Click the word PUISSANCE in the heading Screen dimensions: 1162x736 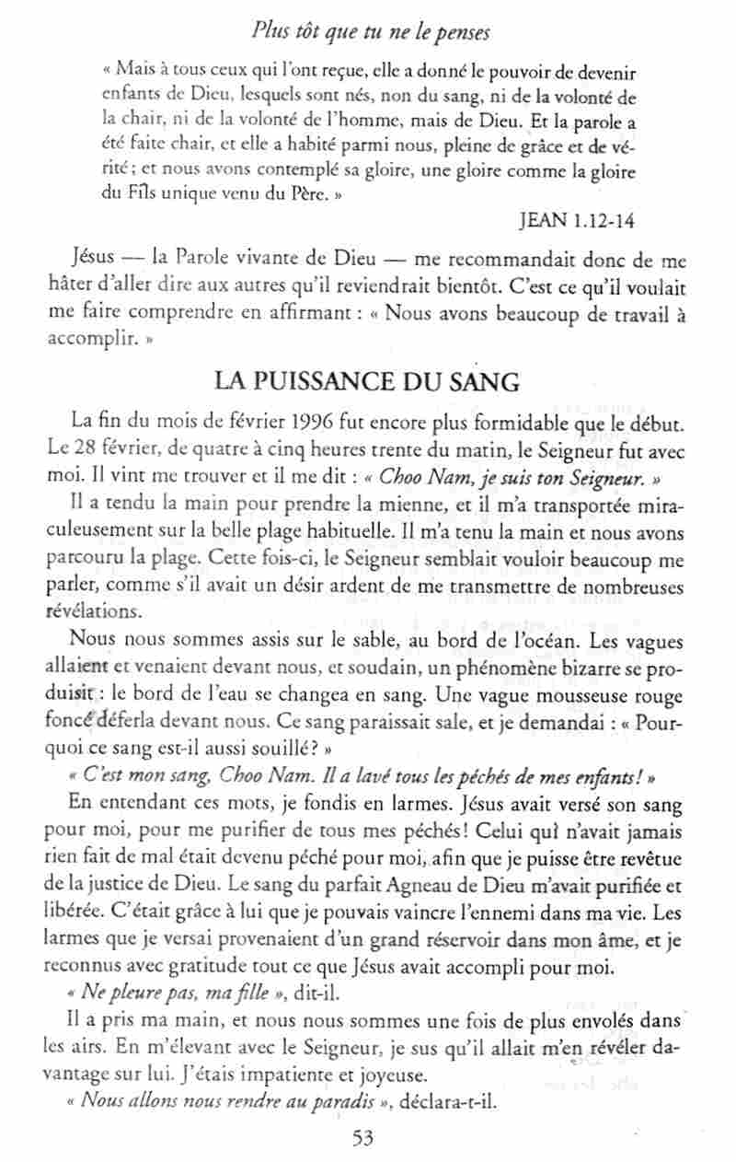pyautogui.click(x=317, y=379)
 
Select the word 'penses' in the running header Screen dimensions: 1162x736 pyautogui.click(x=461, y=33)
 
